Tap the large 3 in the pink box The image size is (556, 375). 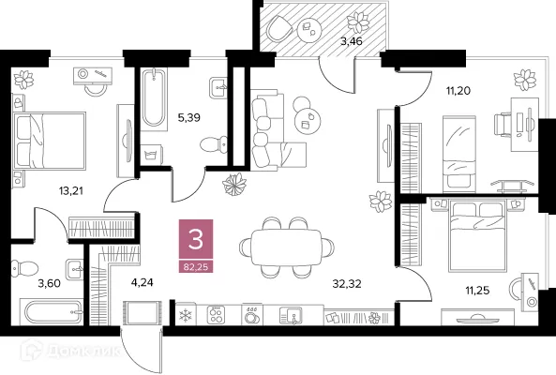click(196, 240)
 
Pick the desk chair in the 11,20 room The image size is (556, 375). click(504, 123)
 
